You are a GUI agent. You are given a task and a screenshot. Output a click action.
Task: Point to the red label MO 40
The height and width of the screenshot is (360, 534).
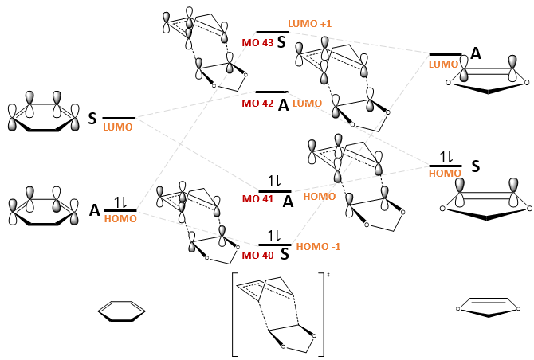257,255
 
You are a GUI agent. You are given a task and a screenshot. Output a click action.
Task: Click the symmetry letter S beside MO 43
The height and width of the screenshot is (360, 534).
281,41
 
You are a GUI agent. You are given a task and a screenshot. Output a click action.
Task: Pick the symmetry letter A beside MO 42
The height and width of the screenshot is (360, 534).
283,105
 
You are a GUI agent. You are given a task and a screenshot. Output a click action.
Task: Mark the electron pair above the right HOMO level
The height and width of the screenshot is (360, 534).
446,157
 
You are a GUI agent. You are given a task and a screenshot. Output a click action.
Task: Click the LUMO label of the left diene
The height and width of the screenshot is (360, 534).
118,128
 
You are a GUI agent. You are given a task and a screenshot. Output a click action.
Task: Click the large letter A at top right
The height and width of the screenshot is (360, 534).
476,53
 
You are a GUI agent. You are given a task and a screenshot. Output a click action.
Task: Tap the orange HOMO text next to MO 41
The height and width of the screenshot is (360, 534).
320,196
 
